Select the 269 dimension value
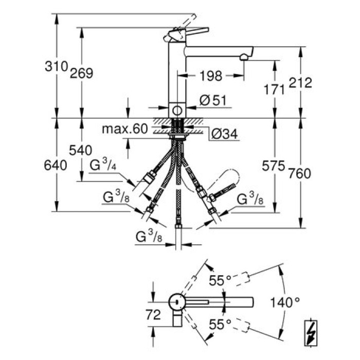82,73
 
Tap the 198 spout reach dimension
210,76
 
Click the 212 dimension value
301,83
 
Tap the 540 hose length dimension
81,150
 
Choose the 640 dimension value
56,166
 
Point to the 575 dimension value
274,167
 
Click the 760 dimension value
300,173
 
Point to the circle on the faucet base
177,110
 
